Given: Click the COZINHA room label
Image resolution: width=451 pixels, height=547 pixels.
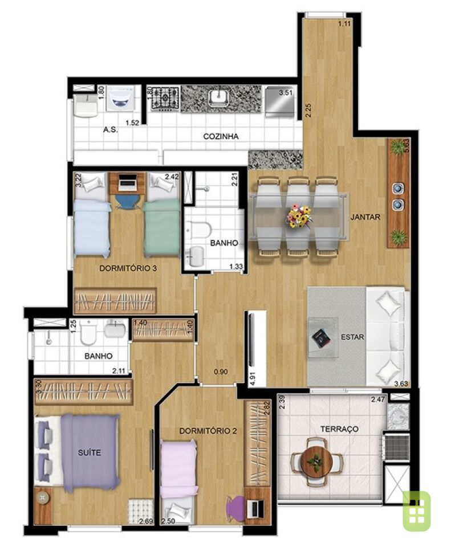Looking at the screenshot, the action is click(221, 136).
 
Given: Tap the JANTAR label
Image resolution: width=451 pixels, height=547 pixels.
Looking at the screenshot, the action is click(365, 217).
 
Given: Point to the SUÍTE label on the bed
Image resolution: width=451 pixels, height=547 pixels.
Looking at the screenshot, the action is click(90, 452).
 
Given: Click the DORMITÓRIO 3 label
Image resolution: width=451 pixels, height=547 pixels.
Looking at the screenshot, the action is click(128, 268).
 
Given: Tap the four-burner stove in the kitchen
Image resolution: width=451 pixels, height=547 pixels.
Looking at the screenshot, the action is click(165, 98).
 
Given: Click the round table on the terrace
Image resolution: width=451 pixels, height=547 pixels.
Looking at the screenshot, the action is click(316, 461).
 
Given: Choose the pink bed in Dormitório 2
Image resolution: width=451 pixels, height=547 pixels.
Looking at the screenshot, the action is click(178, 469).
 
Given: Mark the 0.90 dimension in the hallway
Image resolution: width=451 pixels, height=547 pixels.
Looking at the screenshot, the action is click(221, 372).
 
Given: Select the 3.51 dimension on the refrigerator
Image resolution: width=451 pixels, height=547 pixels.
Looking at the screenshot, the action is click(286, 93).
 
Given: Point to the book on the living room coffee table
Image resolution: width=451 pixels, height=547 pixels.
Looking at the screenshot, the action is click(321, 337).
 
